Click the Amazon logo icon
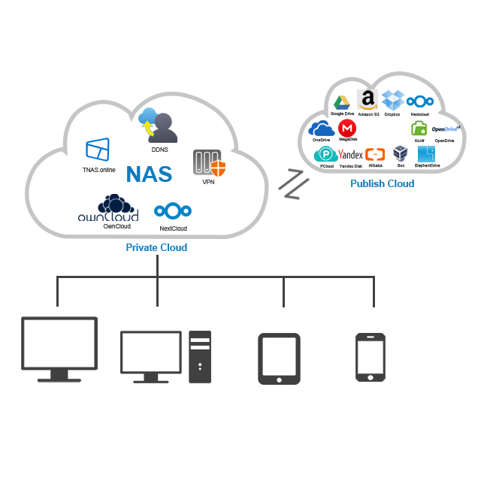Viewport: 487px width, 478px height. (x=367, y=99)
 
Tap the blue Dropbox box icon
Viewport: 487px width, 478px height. (x=392, y=100)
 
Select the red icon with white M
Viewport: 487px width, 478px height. (x=346, y=129)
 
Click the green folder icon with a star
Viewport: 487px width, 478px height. (x=419, y=129)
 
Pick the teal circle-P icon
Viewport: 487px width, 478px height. (x=325, y=154)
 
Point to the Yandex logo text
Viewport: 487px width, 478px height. (x=351, y=154)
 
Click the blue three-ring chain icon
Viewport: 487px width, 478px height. (x=420, y=101)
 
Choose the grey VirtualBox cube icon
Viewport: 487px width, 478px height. (x=400, y=153)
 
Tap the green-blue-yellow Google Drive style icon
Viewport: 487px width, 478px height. (x=341, y=102)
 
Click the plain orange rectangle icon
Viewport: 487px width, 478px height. (x=375, y=154)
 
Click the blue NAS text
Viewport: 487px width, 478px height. (x=149, y=174)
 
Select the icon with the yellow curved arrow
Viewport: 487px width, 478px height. (x=157, y=125)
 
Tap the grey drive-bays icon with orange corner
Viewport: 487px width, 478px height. (x=209, y=163)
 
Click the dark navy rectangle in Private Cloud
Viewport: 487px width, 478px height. (x=108, y=207)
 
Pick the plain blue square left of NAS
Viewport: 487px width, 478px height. (x=98, y=149)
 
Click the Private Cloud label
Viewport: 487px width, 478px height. (x=156, y=247)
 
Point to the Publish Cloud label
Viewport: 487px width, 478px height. (x=382, y=183)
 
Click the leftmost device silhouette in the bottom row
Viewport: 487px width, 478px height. (x=59, y=349)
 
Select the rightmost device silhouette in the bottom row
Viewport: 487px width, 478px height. (x=371, y=356)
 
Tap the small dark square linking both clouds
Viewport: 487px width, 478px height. (x=291, y=183)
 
